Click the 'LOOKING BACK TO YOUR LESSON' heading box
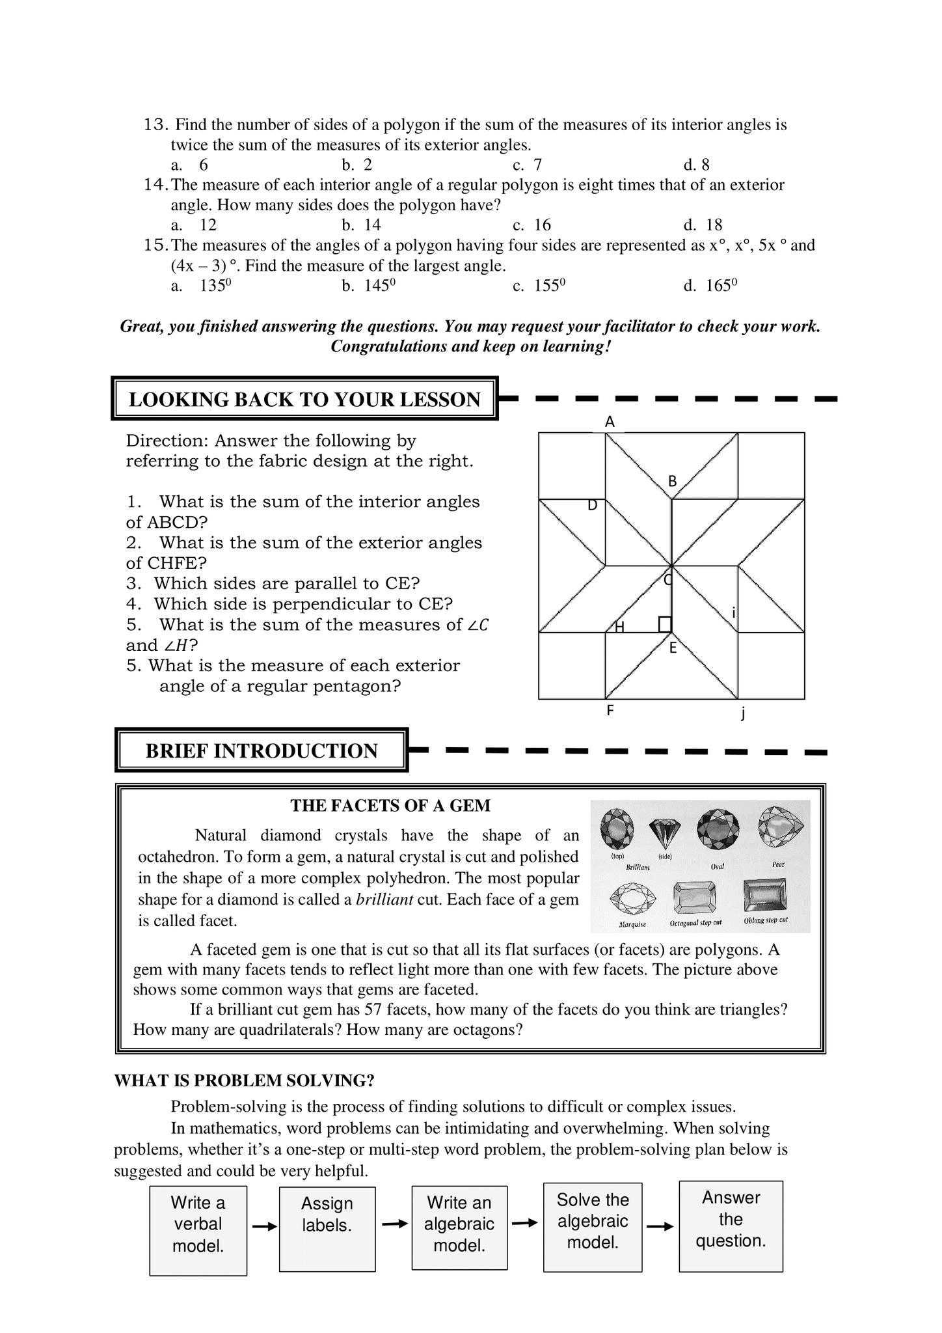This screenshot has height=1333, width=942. click(304, 399)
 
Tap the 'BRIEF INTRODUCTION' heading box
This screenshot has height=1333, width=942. click(262, 750)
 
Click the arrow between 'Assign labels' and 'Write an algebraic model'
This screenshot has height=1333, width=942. click(394, 1224)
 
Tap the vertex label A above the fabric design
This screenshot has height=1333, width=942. click(610, 422)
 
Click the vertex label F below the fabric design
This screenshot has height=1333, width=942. click(610, 711)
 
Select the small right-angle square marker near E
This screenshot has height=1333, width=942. click(665, 624)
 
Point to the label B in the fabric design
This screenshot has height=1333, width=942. click(673, 482)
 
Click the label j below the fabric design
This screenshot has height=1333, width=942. click(743, 713)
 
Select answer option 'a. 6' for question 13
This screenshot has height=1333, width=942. click(190, 165)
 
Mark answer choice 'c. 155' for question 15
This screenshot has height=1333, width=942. click(539, 286)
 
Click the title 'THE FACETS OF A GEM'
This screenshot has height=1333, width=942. click(390, 806)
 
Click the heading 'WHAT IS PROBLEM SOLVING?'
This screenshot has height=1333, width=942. click(245, 1080)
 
